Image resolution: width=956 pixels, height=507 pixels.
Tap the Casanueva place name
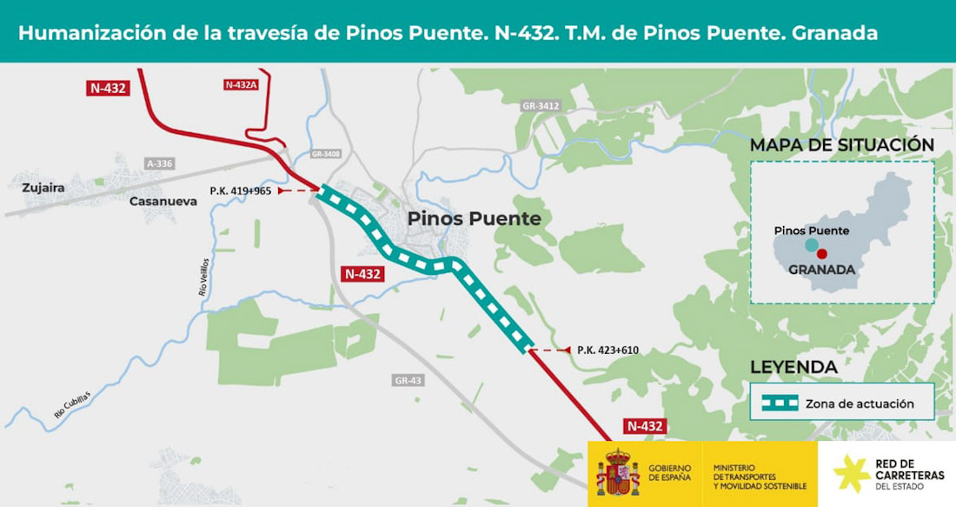pos(163,201)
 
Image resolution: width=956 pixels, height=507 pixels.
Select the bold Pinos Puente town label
pos(474,218)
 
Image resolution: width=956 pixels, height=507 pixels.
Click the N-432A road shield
pos(241,84)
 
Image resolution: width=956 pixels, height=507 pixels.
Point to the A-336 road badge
pos(160,163)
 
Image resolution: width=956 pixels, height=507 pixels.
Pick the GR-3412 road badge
pos(541,106)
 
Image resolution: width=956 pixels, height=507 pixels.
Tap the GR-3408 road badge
pos(326,154)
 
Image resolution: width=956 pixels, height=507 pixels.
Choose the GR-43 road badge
pos(408,381)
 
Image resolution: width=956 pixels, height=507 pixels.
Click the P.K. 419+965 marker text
pos(240,190)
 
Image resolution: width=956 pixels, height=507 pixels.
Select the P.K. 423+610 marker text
pos(607,350)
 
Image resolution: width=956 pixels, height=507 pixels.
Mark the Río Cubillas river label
pos(71,404)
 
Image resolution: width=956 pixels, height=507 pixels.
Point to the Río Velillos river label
pos(203,277)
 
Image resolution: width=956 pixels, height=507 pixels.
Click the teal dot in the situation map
pos(812,244)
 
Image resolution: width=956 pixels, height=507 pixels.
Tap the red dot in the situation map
pos(821,254)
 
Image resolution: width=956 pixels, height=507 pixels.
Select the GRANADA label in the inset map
pos(821,270)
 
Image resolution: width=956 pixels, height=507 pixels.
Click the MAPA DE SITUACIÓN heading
pos(841,145)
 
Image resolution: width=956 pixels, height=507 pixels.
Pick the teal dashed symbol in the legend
pos(780,404)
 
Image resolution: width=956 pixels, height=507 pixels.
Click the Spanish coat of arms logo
pos(618,473)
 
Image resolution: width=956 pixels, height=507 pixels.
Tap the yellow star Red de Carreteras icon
pos(851,473)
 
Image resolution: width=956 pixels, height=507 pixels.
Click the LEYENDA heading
pos(793,367)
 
